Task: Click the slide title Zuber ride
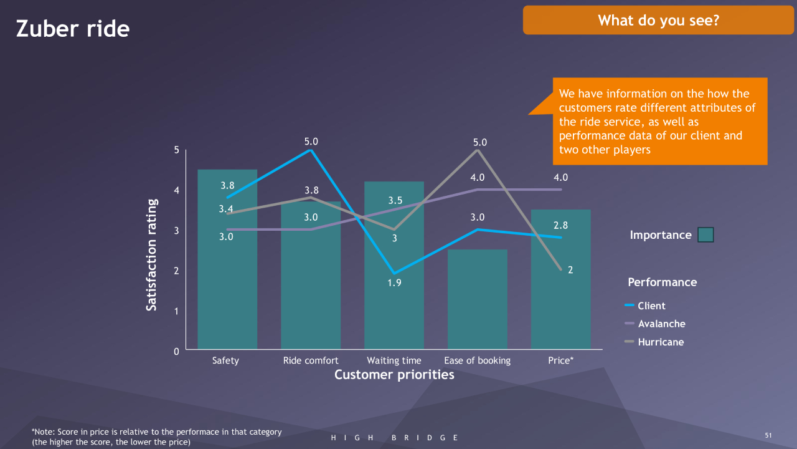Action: coord(73,29)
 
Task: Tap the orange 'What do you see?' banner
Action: coord(658,20)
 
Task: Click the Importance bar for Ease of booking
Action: coord(478,299)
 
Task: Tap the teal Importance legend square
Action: coord(705,235)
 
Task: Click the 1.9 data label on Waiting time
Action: coord(394,282)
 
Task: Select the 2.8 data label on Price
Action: coord(561,225)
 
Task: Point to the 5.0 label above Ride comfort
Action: coord(311,142)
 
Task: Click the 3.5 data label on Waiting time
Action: coord(395,200)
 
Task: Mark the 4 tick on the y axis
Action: coord(176,190)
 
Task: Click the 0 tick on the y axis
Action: coord(176,351)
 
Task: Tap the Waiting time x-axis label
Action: coord(394,360)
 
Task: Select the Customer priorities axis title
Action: coord(394,375)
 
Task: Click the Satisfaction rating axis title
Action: coord(151,254)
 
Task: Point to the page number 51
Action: coord(768,435)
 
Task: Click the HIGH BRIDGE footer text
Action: coord(395,438)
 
